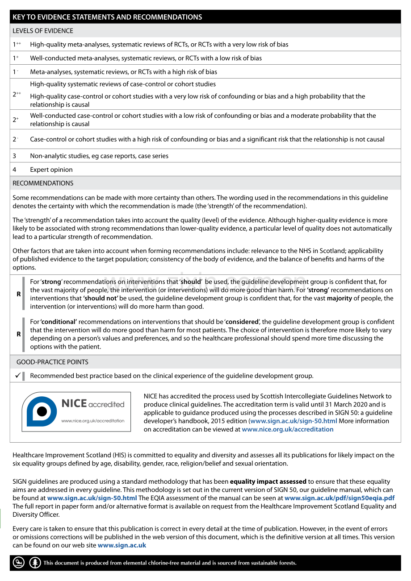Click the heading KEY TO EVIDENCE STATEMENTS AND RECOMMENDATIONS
pyautogui.click(x=107, y=17)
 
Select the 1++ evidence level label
pyautogui.click(x=17, y=44)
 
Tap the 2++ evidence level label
pyautogui.click(x=17, y=94)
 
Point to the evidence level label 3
pyautogui.click(x=14, y=156)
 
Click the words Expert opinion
pyautogui.click(x=51, y=170)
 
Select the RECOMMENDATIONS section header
pyautogui.click(x=43, y=183)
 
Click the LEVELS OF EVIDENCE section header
pyautogui.click(x=43, y=31)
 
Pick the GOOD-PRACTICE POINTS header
pyautogui.click(x=52, y=362)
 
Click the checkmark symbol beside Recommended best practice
pyautogui.click(x=17, y=376)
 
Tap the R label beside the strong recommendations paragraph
pyautogui.click(x=19, y=294)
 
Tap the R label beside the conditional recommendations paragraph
pyautogui.click(x=19, y=334)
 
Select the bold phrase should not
pyautogui.click(x=101, y=298)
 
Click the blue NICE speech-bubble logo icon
pyautogui.click(x=42, y=411)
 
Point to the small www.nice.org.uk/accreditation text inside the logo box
pyautogui.click(x=93, y=421)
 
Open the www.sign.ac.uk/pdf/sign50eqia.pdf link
pyautogui.click(x=339, y=498)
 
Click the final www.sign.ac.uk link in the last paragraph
pyautogui.click(x=122, y=545)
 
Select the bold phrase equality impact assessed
pyautogui.click(x=268, y=481)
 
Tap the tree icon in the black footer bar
pyautogui.click(x=35, y=563)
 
